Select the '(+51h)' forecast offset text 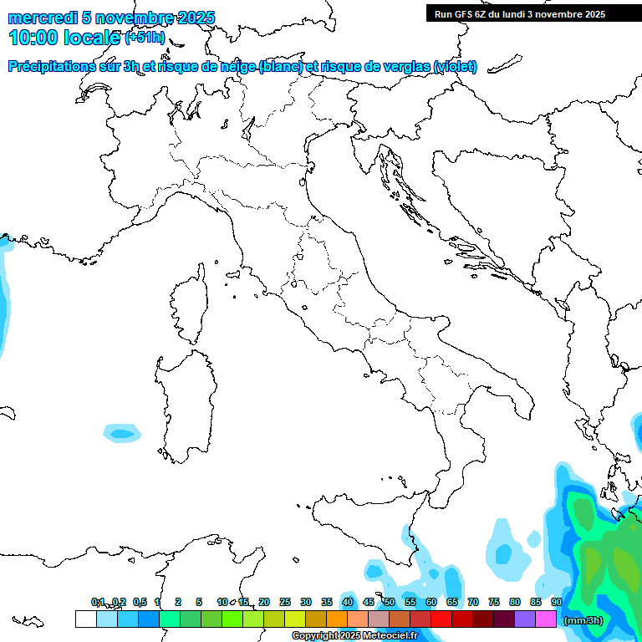(145, 38)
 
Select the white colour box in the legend (85, 619)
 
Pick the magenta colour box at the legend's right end (546, 619)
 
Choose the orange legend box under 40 (336, 619)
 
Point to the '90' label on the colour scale (557, 602)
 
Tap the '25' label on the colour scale (284, 602)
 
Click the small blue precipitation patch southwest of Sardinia (122, 433)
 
